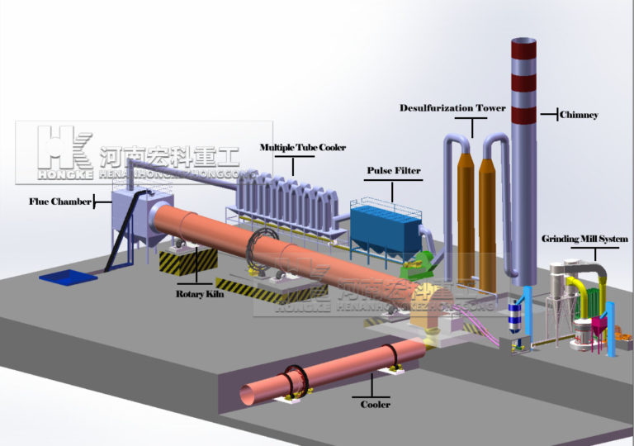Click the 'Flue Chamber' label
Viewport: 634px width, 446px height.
click(x=59, y=201)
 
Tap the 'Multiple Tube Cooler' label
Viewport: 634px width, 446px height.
click(x=303, y=147)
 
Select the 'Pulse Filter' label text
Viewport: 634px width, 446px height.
click(x=393, y=171)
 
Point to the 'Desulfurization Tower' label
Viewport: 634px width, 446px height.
click(x=452, y=108)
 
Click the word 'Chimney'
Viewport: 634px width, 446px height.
click(x=579, y=114)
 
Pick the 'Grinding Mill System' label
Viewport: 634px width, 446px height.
click(x=584, y=239)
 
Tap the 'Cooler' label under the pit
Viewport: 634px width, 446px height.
click(x=376, y=404)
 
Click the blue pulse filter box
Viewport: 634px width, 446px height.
click(x=386, y=225)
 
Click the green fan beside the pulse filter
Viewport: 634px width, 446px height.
click(x=415, y=264)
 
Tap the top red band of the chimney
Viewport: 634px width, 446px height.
click(x=523, y=49)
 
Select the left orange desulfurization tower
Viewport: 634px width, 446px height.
click(x=463, y=215)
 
